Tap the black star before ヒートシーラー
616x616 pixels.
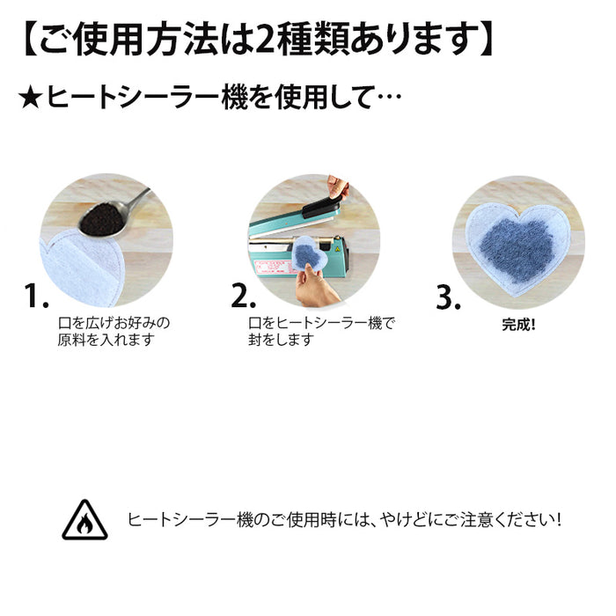tap(31, 96)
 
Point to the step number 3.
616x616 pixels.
tap(449, 297)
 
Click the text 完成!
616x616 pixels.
tap(518, 324)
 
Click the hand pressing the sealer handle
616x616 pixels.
tap(338, 187)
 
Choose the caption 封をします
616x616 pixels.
tap(281, 340)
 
